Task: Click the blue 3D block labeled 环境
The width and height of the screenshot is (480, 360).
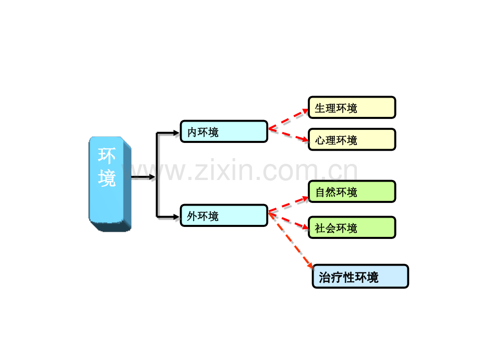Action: [x=110, y=184]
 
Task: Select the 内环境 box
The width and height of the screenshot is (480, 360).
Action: [x=224, y=131]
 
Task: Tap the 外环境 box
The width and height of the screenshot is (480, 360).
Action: [x=224, y=215]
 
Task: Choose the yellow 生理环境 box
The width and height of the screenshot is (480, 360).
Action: [x=352, y=107]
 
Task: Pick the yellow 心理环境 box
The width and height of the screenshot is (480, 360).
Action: [x=352, y=140]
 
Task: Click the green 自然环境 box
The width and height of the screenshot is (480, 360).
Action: [x=352, y=191]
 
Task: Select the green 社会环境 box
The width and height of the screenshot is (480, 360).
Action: [x=352, y=227]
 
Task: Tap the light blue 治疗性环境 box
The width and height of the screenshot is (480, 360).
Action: [x=361, y=277]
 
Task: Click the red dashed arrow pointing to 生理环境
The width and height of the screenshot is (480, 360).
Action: [x=289, y=119]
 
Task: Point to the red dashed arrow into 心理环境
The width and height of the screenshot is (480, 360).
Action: [x=289, y=135]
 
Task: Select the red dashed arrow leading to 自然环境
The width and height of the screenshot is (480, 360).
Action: [x=289, y=205]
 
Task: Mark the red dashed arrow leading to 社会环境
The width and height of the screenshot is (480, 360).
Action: [x=289, y=220]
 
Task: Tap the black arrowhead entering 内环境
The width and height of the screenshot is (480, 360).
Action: [x=176, y=133]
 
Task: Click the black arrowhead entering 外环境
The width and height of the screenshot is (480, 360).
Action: [x=176, y=217]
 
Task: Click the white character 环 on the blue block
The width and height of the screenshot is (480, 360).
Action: [x=106, y=155]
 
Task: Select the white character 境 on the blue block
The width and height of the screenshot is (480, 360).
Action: [x=107, y=178]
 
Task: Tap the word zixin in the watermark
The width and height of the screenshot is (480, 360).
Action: [x=224, y=170]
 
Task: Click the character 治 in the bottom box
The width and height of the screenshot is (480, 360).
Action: [x=325, y=278]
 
